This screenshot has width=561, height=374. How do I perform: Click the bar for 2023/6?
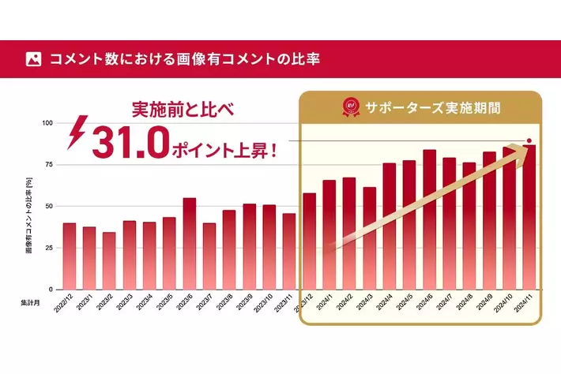point(190,244)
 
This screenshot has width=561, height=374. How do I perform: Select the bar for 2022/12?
point(70,256)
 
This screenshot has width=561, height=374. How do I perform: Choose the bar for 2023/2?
point(109,261)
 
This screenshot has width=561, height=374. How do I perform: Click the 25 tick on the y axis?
point(49,248)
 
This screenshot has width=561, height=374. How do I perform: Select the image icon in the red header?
point(33,58)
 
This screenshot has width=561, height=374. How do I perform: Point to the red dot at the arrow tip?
point(529,140)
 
